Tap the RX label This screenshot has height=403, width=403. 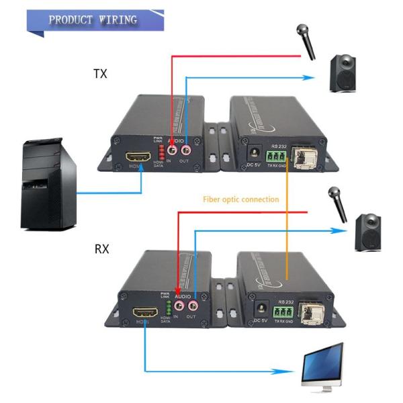coord(101,250)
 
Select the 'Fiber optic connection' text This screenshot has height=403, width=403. coord(240,199)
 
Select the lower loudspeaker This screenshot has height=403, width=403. coord(369,231)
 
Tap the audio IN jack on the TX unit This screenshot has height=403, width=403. coord(174,144)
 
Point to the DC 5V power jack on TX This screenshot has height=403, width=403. coord(255,152)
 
